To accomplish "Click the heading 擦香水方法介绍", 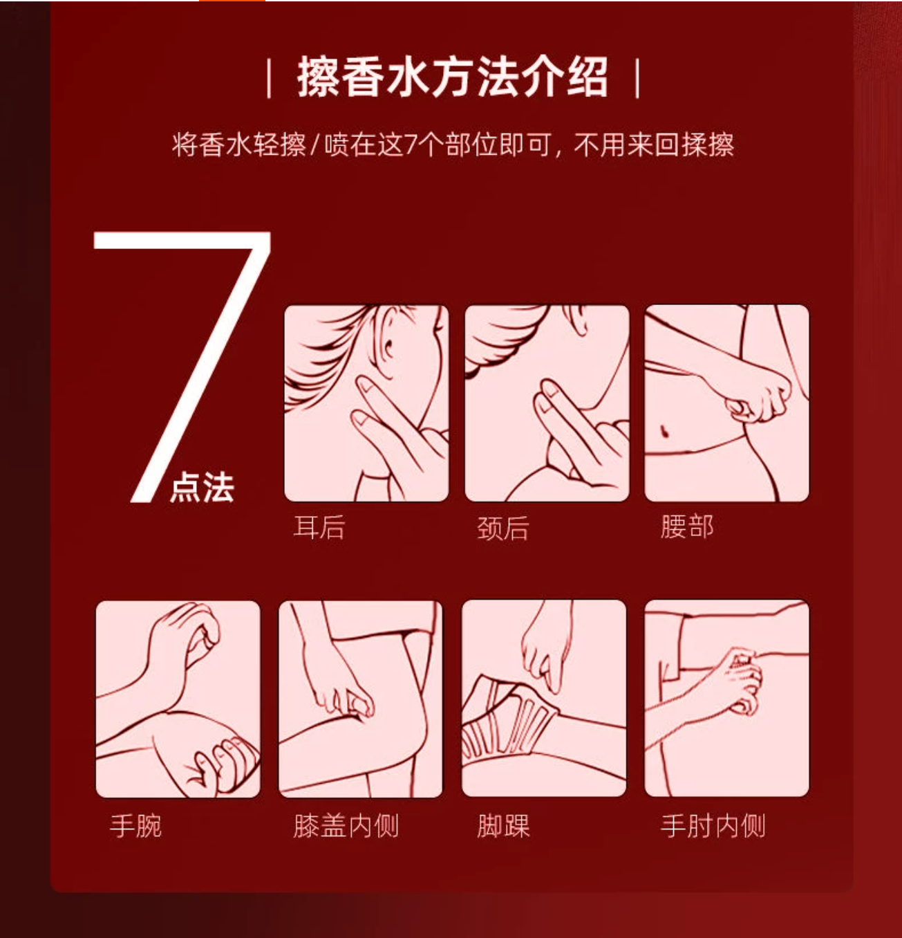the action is (453, 77).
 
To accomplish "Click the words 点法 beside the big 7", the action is (202, 487).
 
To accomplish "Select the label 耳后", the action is (319, 527).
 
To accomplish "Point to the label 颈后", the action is (502, 528).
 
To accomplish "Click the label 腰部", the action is (687, 526).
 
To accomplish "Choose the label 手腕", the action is (135, 826).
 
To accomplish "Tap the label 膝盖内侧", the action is (346, 826).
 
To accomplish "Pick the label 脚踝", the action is (503, 826).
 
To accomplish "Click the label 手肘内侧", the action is (713, 826).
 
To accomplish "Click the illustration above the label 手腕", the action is (178, 699).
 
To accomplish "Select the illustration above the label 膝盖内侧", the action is (361, 699).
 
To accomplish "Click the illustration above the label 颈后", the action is (547, 403).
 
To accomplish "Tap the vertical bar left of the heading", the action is (269, 78).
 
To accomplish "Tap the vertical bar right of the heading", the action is (637, 78).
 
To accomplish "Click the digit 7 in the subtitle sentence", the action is (411, 145).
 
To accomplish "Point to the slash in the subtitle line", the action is (315, 145).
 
